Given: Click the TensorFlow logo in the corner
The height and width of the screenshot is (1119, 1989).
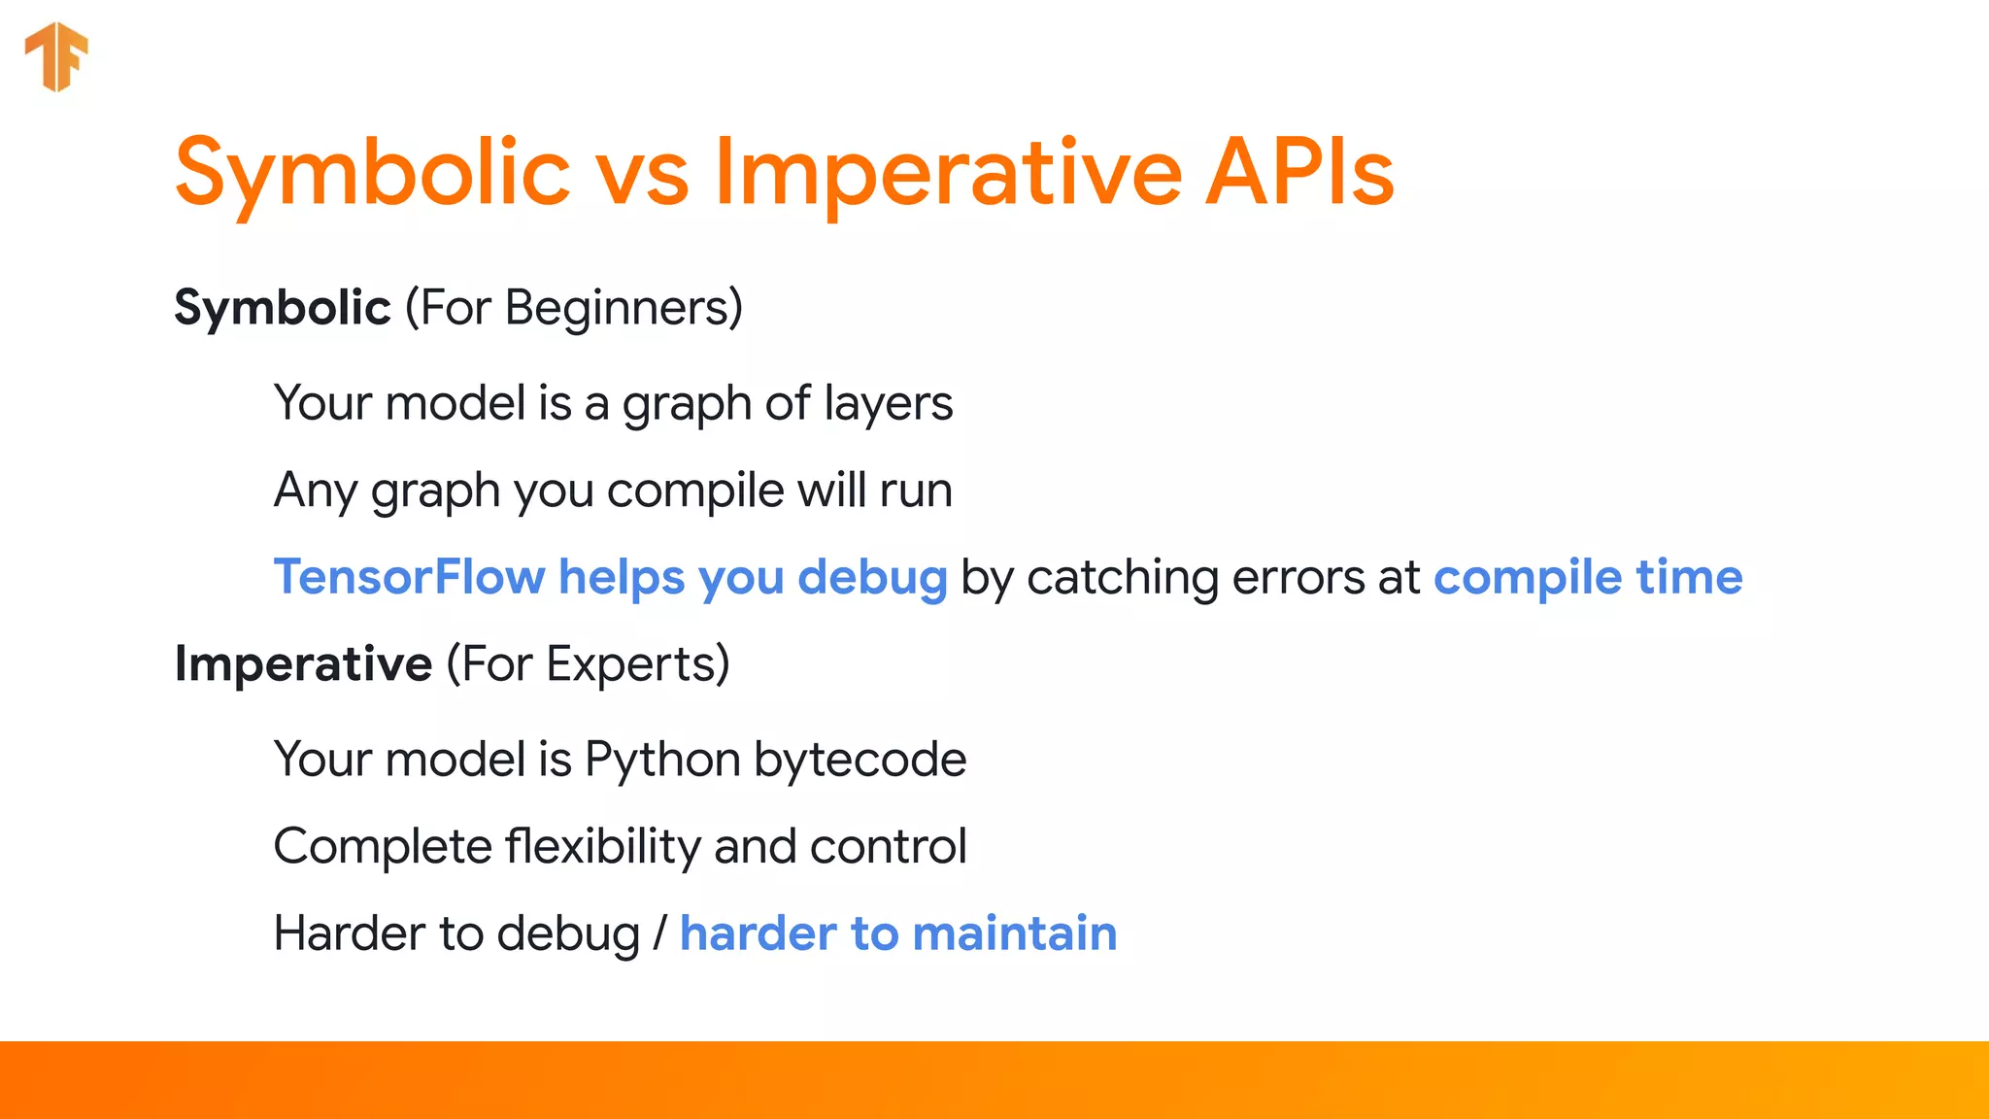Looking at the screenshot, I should pos(56,56).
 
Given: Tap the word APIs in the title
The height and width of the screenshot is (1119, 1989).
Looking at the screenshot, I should pos(1299,173).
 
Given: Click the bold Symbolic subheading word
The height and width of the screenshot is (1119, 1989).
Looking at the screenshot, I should pos(283,308).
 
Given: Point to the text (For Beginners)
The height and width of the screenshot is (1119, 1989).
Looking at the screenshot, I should pos(574,308).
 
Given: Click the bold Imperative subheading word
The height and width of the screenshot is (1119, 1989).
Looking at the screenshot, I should pos(303,664).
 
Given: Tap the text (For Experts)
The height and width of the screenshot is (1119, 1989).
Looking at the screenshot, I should pos(588,664).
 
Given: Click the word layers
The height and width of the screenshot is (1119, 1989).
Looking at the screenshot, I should pos(888,404).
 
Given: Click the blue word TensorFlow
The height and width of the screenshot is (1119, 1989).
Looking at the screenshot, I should pos(409,577).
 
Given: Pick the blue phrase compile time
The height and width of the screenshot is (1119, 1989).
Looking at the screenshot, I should pos(1588,577).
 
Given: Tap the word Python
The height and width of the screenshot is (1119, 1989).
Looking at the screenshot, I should pos(662,760).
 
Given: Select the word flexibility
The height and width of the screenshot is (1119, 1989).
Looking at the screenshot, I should pos(603,846).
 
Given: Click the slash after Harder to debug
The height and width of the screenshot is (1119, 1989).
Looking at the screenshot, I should pos(660,933).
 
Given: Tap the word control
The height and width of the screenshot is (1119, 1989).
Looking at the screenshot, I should pos(888,846).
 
